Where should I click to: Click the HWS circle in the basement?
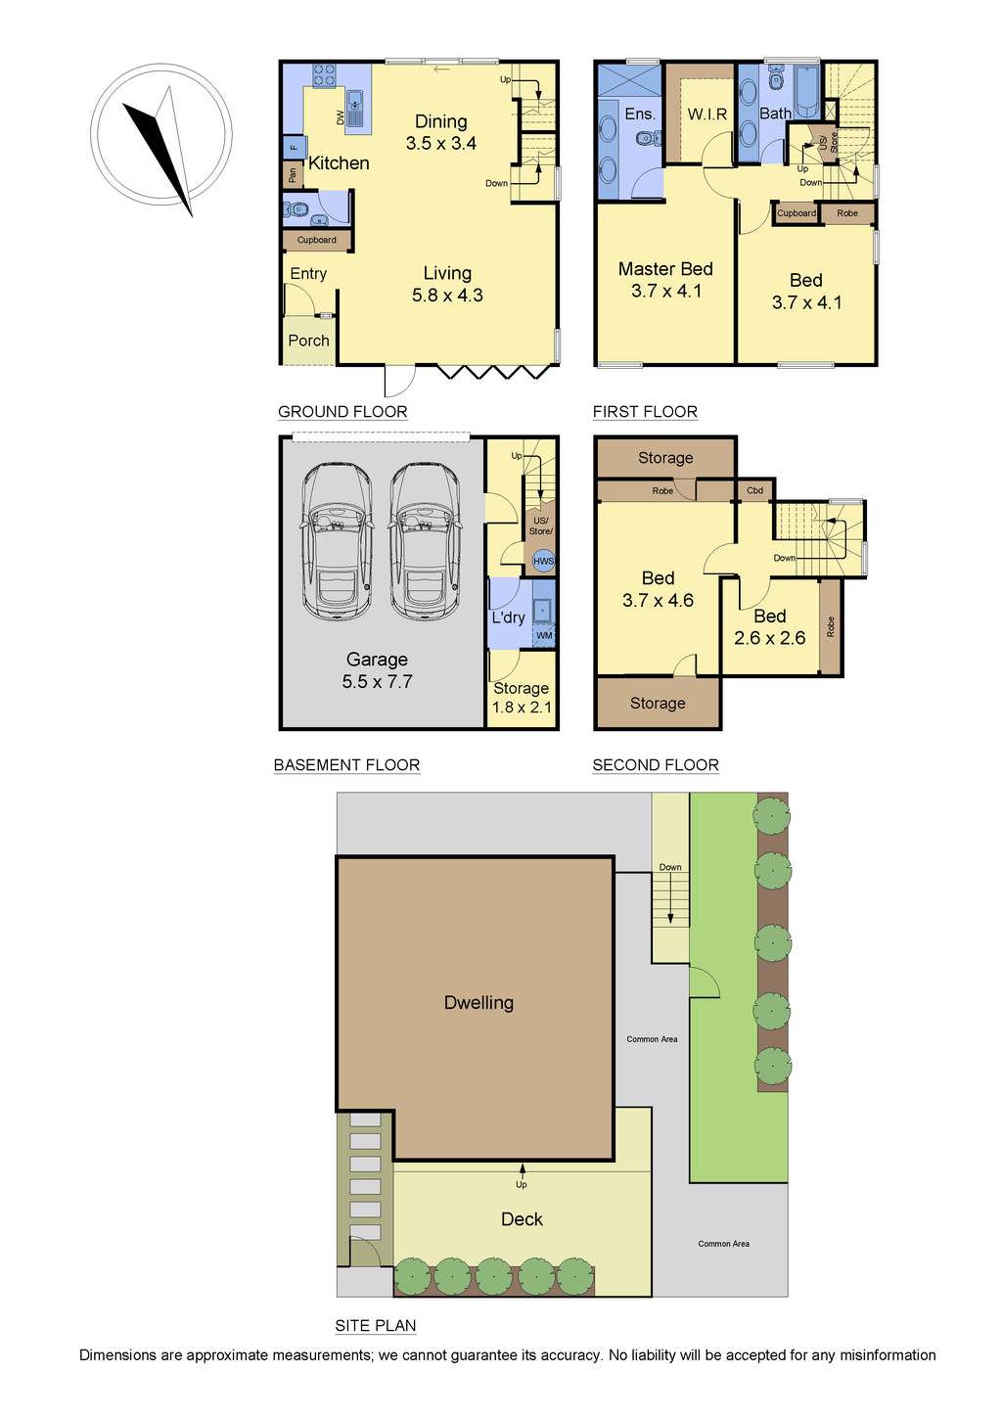pyautogui.click(x=543, y=561)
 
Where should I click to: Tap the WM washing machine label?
pyautogui.click(x=544, y=635)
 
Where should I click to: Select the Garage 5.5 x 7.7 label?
pyautogui.click(x=378, y=670)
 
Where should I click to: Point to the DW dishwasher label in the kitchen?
pyautogui.click(x=341, y=117)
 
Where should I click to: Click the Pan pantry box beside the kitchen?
pyautogui.click(x=293, y=175)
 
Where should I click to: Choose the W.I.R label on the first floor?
pyautogui.click(x=707, y=114)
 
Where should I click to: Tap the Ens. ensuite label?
pyautogui.click(x=639, y=114)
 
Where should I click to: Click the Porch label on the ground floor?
pyautogui.click(x=309, y=341)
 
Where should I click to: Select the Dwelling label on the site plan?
pyautogui.click(x=478, y=1002)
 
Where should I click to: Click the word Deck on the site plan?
pyautogui.click(x=522, y=1219)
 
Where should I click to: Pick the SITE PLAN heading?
pyautogui.click(x=376, y=1326)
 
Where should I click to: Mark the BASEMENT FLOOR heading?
pyautogui.click(x=346, y=764)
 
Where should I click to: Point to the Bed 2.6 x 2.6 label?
pyautogui.click(x=770, y=626)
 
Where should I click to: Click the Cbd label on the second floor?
pyautogui.click(x=754, y=490)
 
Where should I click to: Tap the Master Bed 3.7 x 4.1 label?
pyautogui.click(x=666, y=280)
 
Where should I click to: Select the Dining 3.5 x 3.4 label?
pyautogui.click(x=441, y=132)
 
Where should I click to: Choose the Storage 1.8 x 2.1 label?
pyautogui.click(x=522, y=698)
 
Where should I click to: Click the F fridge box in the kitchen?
pyautogui.click(x=294, y=148)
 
